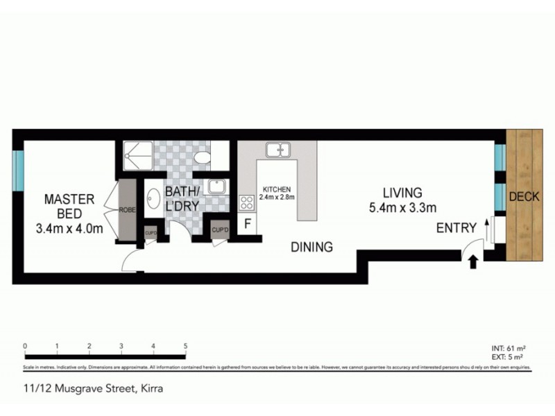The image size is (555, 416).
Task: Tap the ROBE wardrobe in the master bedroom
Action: click(127, 209)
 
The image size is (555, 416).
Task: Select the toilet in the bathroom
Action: click(202, 158)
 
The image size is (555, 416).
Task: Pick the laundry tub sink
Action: click(216, 185)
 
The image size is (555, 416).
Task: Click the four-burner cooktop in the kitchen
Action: click(246, 202)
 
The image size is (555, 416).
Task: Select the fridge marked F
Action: click(247, 224)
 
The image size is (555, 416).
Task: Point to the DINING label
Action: click(311, 247)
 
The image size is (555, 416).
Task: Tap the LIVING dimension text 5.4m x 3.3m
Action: click(402, 207)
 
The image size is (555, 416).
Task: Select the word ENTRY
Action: click(456, 228)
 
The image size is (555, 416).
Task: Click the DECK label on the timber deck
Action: click(524, 197)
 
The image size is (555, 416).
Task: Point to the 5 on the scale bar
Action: click(185, 346)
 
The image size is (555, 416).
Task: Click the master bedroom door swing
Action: click(130, 259)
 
